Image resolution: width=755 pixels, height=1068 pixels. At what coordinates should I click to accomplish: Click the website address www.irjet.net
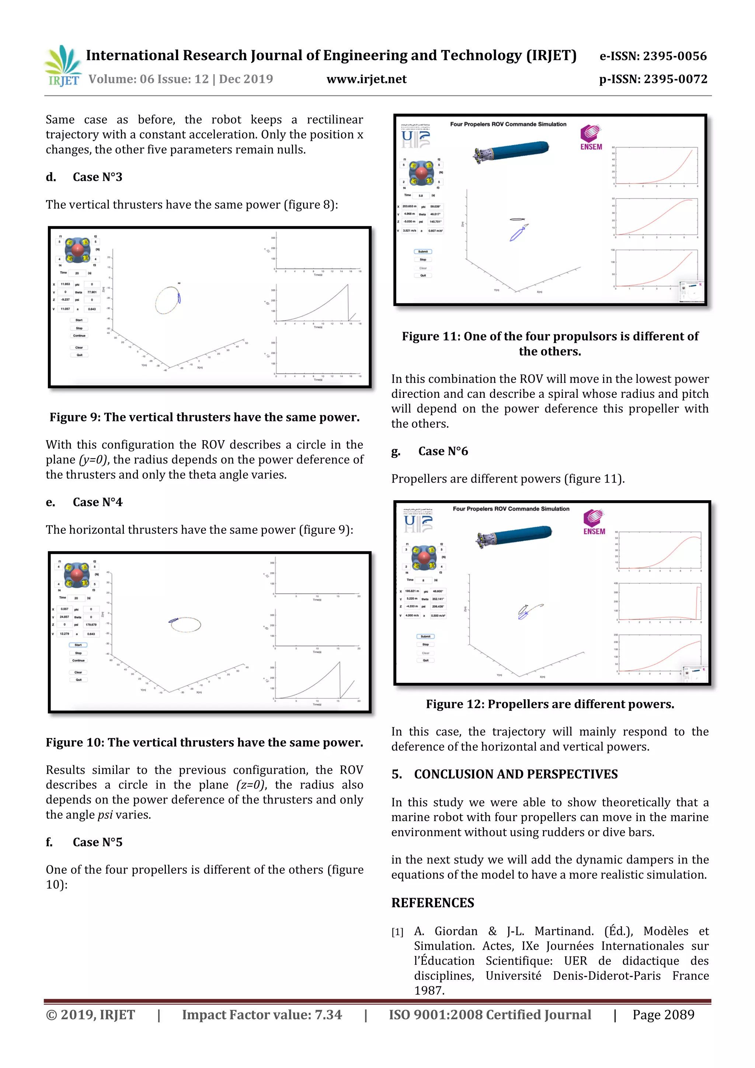coord(366,80)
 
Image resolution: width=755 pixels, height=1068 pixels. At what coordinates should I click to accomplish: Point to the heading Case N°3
coord(97,177)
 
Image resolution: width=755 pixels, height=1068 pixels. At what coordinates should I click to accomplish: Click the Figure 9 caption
coord(205,417)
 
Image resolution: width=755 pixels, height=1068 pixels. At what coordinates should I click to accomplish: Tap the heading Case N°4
coord(97,502)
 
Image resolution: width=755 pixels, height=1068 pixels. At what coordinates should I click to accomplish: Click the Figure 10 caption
coord(205,742)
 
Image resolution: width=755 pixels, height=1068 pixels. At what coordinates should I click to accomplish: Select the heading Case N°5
coord(97,842)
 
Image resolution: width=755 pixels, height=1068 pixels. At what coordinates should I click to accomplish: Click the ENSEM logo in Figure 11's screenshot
coord(591,138)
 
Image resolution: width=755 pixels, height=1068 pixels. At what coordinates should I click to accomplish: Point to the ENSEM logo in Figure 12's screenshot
coord(594,522)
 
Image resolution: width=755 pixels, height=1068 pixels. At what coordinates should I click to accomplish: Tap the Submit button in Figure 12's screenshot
coord(425,636)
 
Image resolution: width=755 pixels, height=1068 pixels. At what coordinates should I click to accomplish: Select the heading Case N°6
coord(443,451)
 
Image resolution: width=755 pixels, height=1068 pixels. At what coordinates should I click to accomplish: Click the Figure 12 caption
coord(550,704)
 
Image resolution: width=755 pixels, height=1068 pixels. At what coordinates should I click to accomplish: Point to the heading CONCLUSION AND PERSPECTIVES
coord(515,775)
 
